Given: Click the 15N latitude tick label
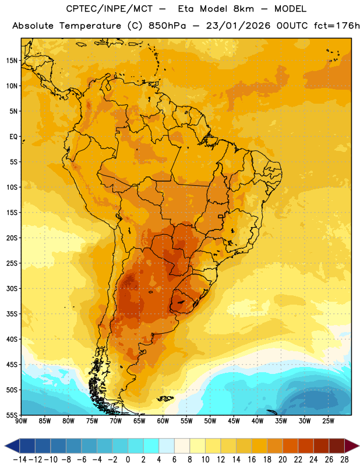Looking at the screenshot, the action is pyautogui.click(x=12, y=61).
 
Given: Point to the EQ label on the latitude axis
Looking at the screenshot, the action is pyautogui.click(x=13, y=137).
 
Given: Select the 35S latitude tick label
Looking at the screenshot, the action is pyautogui.click(x=12, y=314).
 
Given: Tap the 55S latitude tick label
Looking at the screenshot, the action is pyautogui.click(x=12, y=415).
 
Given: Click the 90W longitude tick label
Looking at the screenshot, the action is pyautogui.click(x=21, y=421).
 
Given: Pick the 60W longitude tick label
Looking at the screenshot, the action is pyautogui.click(x=163, y=421).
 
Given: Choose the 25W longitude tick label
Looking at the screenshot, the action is pyautogui.click(x=328, y=421).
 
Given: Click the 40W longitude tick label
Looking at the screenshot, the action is pyautogui.click(x=257, y=421).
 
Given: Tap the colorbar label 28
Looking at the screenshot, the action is pyautogui.click(x=344, y=460).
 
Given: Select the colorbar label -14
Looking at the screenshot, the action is pyautogui.click(x=20, y=460).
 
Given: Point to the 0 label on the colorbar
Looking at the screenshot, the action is pyautogui.click(x=128, y=460).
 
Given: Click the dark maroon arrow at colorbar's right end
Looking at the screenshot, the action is pyautogui.click(x=352, y=446).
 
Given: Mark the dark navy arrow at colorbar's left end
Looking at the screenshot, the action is pyautogui.click(x=12, y=446).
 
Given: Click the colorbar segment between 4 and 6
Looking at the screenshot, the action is pyautogui.click(x=167, y=446).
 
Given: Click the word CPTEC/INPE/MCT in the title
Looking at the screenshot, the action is pyautogui.click(x=109, y=9).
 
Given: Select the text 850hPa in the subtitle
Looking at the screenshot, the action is pyautogui.click(x=167, y=26).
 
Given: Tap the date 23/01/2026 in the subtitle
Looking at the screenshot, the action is pyautogui.click(x=238, y=26).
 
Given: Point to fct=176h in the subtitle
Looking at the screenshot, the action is pyautogui.click(x=337, y=26).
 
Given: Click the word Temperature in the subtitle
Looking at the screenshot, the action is pyautogui.click(x=90, y=26).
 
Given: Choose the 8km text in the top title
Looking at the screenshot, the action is pyautogui.click(x=243, y=9).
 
